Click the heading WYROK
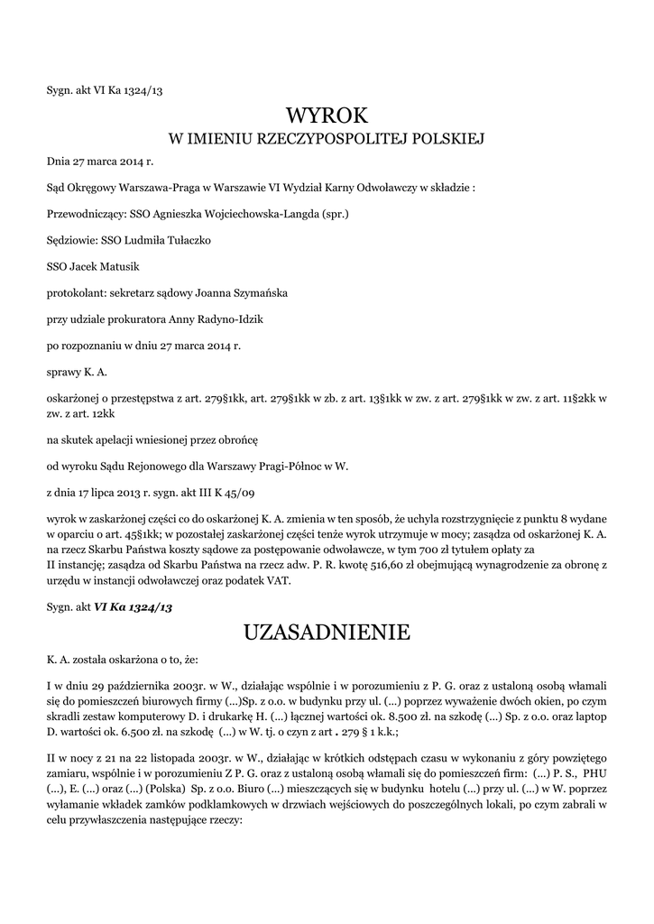tap(327, 115)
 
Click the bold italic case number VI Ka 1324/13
tap(133, 607)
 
